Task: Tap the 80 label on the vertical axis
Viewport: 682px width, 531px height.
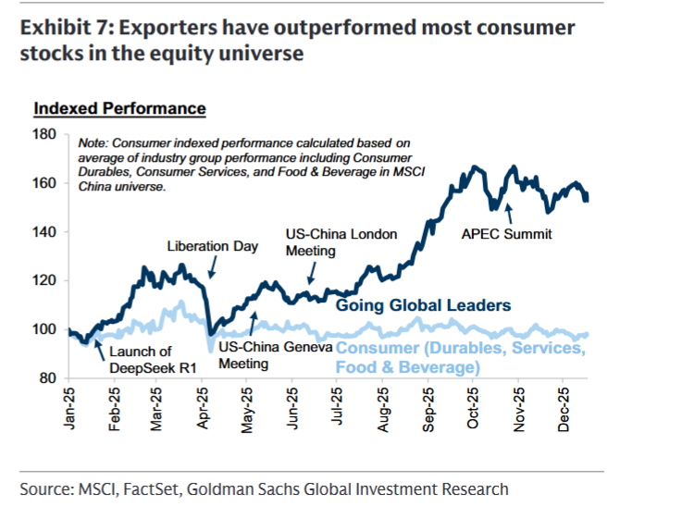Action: pyautogui.click(x=49, y=378)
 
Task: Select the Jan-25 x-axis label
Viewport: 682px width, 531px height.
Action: pyautogui.click(x=70, y=406)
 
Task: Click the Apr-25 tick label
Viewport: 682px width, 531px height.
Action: pyautogui.click(x=205, y=406)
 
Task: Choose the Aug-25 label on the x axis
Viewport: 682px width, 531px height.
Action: pyautogui.click(x=387, y=406)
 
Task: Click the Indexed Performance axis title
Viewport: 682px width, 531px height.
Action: pyautogui.click(x=119, y=109)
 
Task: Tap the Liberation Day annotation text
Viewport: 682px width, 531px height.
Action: pyautogui.click(x=213, y=247)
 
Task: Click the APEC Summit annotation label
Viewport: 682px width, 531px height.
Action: pyautogui.click(x=506, y=234)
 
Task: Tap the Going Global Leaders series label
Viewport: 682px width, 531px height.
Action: pyautogui.click(x=423, y=304)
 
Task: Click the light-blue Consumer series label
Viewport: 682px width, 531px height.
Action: pyautogui.click(x=459, y=357)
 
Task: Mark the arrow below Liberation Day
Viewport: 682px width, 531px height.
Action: pyautogui.click(x=211, y=267)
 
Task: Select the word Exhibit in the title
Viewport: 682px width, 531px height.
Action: pyautogui.click(x=53, y=28)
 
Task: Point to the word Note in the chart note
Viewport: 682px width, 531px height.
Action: pyautogui.click(x=93, y=143)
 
